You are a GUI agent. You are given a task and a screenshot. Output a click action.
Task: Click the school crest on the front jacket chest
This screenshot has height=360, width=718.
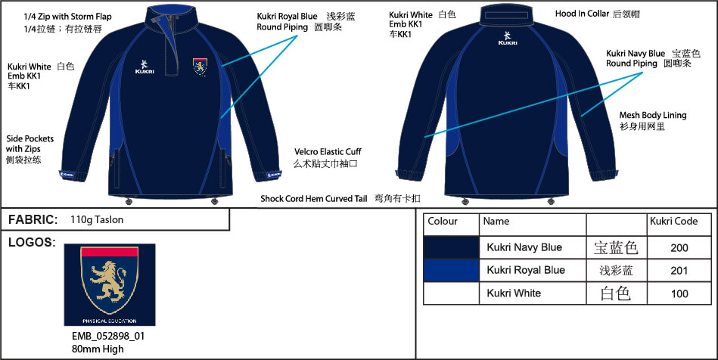click(x=200, y=67)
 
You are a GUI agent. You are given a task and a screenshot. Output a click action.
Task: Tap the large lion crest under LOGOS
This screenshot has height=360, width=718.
click(x=109, y=284)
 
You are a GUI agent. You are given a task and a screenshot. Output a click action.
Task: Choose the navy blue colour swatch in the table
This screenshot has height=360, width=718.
click(x=452, y=247)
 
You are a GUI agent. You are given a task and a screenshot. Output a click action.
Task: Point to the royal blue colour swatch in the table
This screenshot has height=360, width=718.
click(x=452, y=270)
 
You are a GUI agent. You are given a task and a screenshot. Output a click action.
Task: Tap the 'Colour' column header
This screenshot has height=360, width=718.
click(x=443, y=222)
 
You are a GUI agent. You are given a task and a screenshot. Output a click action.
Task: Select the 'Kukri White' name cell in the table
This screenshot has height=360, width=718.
click(x=514, y=293)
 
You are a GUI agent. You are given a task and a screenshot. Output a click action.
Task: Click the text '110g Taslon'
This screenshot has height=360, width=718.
click(x=96, y=219)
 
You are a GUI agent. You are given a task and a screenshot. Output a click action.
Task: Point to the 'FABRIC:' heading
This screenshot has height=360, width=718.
click(x=33, y=219)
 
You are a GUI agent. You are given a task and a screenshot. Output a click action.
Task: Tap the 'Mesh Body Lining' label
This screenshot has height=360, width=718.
click(x=653, y=115)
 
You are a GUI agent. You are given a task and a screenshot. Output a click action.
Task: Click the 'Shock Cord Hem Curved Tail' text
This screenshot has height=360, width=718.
click(x=313, y=198)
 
